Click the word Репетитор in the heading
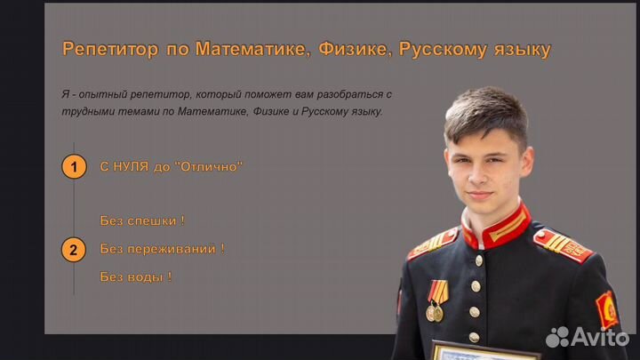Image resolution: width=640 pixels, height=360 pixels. pyautogui.click(x=110, y=50)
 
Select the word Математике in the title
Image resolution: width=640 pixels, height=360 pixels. pyautogui.click(x=253, y=49)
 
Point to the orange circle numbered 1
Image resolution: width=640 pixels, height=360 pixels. pyautogui.click(x=74, y=166)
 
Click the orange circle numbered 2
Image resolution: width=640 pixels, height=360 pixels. pyautogui.click(x=74, y=250)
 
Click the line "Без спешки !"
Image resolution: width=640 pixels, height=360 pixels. pyautogui.click(x=142, y=220)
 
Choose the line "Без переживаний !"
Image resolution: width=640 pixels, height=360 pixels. pyautogui.click(x=163, y=249)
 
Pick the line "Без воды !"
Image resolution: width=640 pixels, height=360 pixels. pyautogui.click(x=136, y=276)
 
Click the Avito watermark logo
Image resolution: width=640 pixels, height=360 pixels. pyautogui.click(x=588, y=337)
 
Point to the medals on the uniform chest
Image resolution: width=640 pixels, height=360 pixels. pyautogui.click(x=436, y=301)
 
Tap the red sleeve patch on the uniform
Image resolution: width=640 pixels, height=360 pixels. pyautogui.click(x=607, y=310)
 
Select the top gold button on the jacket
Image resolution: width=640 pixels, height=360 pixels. pyautogui.click(x=479, y=260)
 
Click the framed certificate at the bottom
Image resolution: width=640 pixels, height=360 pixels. pyautogui.click(x=485, y=350)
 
